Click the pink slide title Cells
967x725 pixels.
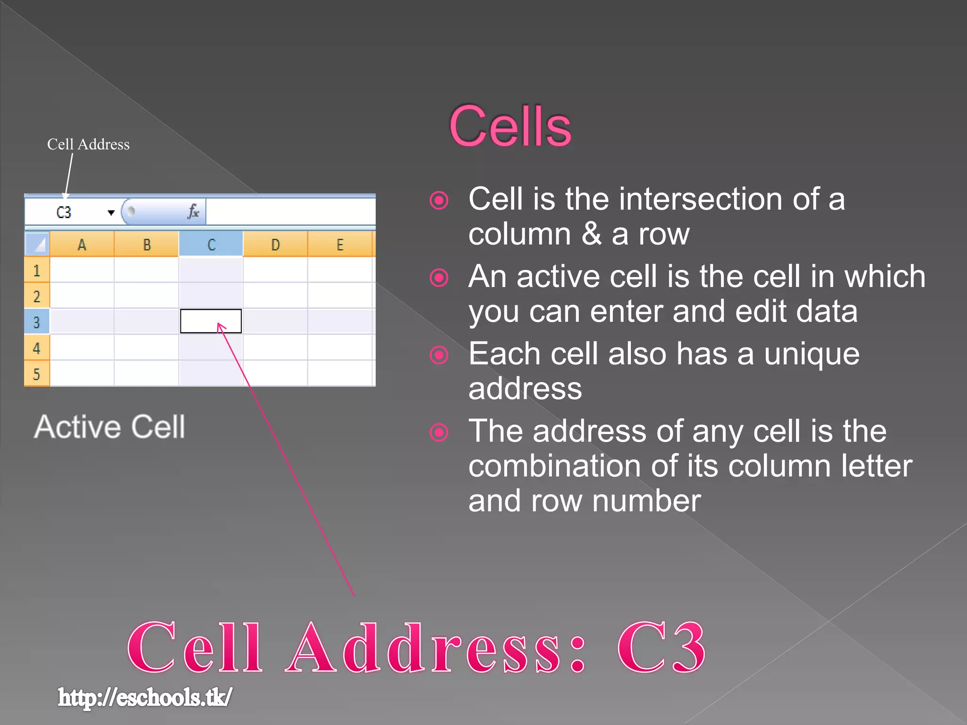[x=510, y=126]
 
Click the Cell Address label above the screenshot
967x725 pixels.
[x=88, y=144]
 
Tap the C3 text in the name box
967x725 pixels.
[x=64, y=212]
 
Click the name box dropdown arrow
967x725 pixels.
[x=111, y=212]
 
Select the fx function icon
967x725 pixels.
[x=193, y=211]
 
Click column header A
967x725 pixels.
[x=82, y=244]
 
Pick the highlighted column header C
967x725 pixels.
[x=211, y=244]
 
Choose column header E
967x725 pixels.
[x=340, y=244]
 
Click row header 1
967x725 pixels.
[x=37, y=270]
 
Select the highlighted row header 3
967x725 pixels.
[x=37, y=322]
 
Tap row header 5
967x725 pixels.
[x=37, y=374]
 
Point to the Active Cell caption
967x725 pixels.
[x=110, y=427]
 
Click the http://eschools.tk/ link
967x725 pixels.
[x=145, y=698]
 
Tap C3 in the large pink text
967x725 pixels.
[x=661, y=648]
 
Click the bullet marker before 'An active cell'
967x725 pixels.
[x=439, y=278]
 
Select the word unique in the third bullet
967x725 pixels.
[x=812, y=354]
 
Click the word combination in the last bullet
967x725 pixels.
[x=555, y=466]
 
